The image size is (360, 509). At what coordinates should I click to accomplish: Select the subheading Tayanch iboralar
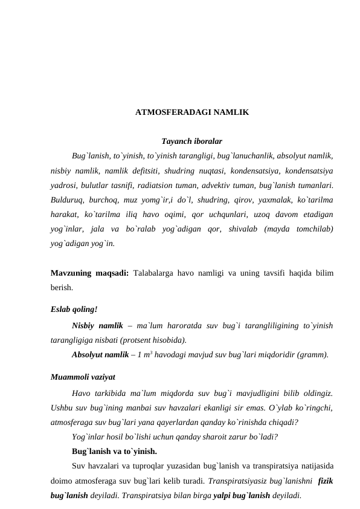click(192, 140)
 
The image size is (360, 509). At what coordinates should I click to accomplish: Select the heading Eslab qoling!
click(74, 309)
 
